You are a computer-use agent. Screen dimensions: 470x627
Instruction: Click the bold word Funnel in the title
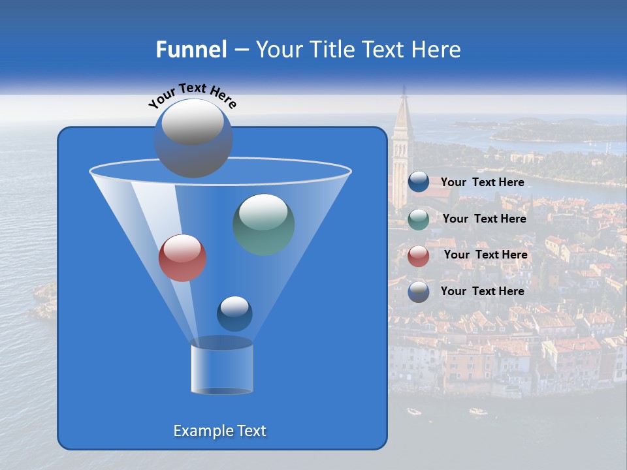coord(191,50)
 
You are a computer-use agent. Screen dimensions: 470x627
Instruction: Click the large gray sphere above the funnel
coord(193,138)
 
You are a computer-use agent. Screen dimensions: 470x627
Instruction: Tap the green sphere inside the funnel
coord(264,225)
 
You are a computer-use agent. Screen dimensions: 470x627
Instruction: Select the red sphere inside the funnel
coord(182,258)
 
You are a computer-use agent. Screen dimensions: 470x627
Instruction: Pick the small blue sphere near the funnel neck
coord(234,313)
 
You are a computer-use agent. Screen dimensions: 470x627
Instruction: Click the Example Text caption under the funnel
coord(219,431)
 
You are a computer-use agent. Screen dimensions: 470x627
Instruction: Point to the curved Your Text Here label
coord(193,95)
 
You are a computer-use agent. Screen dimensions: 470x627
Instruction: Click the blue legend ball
coord(419,182)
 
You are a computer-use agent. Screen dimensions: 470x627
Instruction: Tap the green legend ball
coord(419,219)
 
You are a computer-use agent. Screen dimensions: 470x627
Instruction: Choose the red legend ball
coord(419,255)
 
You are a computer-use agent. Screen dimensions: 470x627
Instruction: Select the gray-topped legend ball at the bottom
coord(419,291)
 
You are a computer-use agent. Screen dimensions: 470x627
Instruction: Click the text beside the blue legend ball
coord(482,182)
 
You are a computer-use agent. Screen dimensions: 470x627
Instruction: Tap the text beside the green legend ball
coord(484,219)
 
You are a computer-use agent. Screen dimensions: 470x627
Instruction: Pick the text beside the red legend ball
coord(485,255)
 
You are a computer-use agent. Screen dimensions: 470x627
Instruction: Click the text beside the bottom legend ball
coord(482,291)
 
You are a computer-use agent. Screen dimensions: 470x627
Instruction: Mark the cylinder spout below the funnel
coord(221,368)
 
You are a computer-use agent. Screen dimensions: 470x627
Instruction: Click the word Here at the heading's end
coord(437,50)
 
